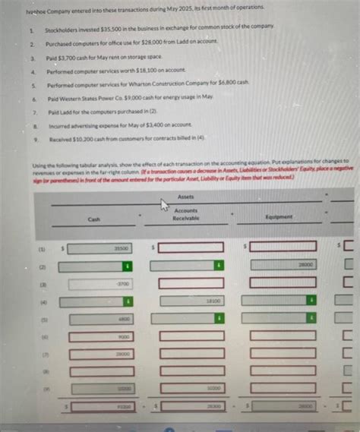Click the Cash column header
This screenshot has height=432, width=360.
point(93,219)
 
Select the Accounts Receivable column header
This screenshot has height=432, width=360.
point(185,214)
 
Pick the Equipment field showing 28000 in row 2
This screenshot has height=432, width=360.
point(283,264)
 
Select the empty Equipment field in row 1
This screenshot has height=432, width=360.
point(283,248)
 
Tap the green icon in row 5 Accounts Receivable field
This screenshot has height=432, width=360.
point(219,319)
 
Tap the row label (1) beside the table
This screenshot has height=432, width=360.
point(31,248)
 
